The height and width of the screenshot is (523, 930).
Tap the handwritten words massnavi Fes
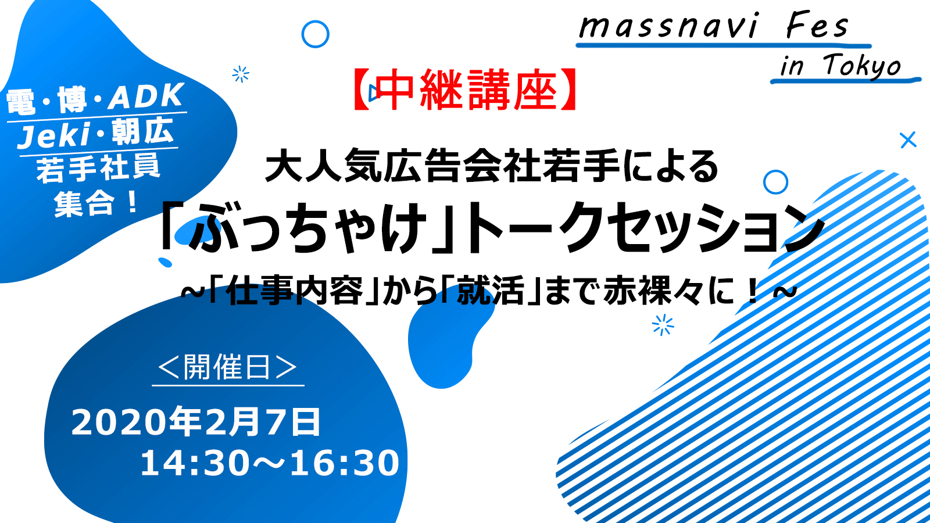(714, 27)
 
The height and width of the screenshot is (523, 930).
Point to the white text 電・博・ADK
(95, 98)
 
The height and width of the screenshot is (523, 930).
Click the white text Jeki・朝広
(95, 133)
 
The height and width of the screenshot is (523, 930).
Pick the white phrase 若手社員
(98, 169)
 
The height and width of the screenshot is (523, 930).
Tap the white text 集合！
(96, 203)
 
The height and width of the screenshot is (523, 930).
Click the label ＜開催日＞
(227, 367)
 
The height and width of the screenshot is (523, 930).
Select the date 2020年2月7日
(196, 422)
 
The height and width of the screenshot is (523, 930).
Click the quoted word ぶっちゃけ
(307, 227)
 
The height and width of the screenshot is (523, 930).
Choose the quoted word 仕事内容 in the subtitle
(296, 291)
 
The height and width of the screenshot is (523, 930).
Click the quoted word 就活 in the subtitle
(491, 291)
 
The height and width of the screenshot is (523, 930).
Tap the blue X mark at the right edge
(908, 140)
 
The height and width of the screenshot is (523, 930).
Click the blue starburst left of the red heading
(241, 74)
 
